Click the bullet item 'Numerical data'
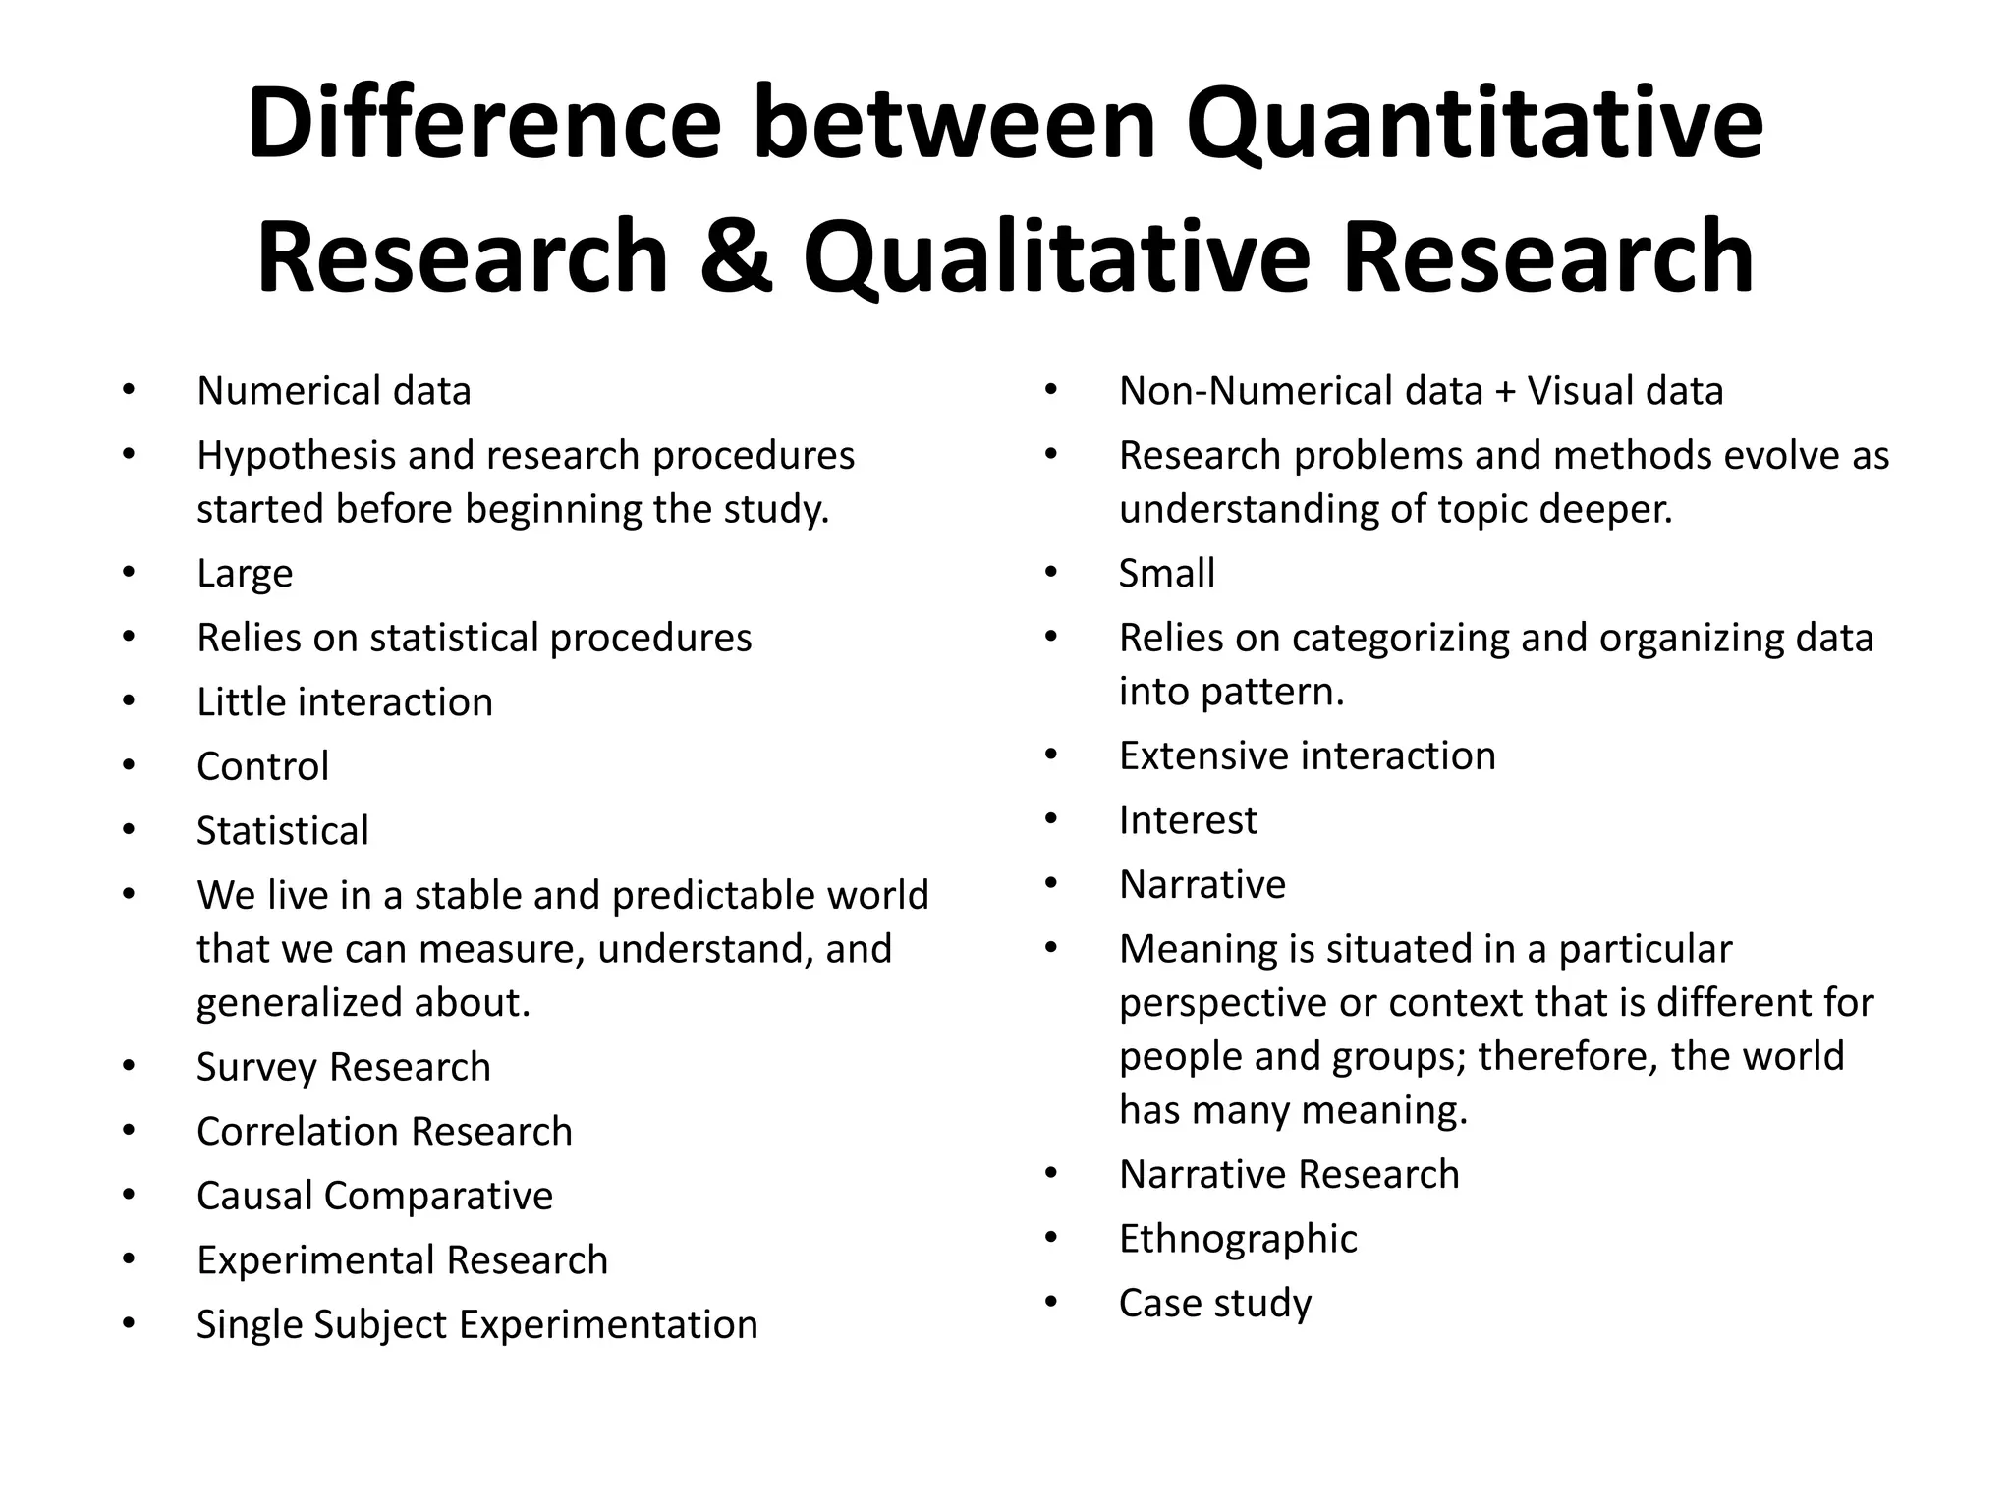tap(333, 391)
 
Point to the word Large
tap(245, 573)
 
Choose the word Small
tap(1166, 573)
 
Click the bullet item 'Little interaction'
tap(344, 701)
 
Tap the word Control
tap(262, 766)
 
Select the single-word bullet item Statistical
tap(282, 831)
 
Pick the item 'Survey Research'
tap(343, 1067)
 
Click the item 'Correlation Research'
tap(384, 1132)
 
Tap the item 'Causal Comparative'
tap(374, 1196)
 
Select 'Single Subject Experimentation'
tap(476, 1324)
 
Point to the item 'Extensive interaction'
tap(1307, 755)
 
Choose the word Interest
tap(1188, 820)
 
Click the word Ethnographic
tap(1238, 1239)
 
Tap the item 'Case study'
tap(1214, 1304)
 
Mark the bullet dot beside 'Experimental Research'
tap(129, 1258)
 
